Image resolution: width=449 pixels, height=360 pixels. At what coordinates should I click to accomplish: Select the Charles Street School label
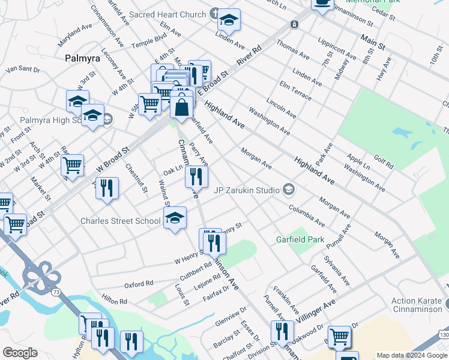pyautogui.click(x=121, y=221)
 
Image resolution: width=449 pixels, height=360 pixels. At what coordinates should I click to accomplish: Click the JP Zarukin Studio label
pyautogui.click(x=247, y=190)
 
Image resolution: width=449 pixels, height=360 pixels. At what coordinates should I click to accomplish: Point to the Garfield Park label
pyautogui.click(x=300, y=239)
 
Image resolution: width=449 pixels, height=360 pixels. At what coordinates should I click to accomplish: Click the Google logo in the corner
pyautogui.click(x=20, y=353)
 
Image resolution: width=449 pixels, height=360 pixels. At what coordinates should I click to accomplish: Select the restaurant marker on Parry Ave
pyautogui.click(x=196, y=176)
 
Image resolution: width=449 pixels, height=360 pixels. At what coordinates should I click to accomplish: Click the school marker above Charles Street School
pyautogui.click(x=175, y=217)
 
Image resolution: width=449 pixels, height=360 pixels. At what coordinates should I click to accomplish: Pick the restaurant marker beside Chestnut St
pyautogui.click(x=107, y=187)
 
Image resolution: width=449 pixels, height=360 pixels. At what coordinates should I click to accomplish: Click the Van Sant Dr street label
pyautogui.click(x=22, y=70)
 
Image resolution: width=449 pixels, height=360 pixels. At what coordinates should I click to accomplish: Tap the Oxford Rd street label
pyautogui.click(x=139, y=283)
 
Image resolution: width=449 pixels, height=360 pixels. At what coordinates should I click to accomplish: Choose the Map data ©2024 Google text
pyautogui.click(x=412, y=355)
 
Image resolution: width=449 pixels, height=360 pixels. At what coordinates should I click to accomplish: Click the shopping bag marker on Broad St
pyautogui.click(x=182, y=107)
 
